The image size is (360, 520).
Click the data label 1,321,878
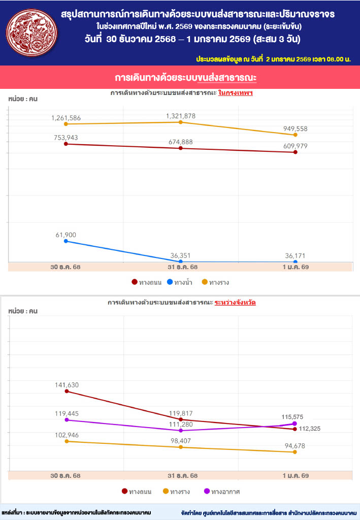tap(180, 116)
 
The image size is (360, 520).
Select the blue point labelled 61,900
tap(66, 241)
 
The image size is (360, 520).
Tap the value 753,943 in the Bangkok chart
tap(66, 138)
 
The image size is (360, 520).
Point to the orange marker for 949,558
tap(295, 135)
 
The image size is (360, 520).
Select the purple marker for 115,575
tap(295, 424)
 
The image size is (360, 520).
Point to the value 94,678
tap(295, 446)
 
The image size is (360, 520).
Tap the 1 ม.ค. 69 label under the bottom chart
tap(295, 476)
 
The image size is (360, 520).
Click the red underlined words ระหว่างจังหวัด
tap(235, 302)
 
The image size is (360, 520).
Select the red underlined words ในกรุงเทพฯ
tap(235, 93)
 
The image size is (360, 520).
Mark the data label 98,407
tap(180, 441)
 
